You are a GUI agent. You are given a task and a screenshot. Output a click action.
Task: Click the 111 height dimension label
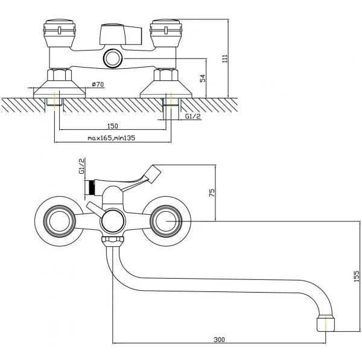pyautogui.click(x=224, y=58)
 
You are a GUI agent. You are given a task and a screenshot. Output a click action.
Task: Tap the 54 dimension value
pyautogui.click(x=203, y=78)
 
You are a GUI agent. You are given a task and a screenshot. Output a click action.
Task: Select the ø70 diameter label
pyautogui.click(x=98, y=84)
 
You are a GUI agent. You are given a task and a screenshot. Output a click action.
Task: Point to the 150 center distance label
pyautogui.click(x=113, y=126)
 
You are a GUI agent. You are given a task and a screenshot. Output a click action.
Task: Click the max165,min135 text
pyautogui.click(x=111, y=138)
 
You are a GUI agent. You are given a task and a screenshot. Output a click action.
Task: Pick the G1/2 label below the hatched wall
pyautogui.click(x=193, y=116)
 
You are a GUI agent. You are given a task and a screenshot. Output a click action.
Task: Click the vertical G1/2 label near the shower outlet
pyautogui.click(x=81, y=167)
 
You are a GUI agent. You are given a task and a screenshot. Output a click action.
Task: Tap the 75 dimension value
pyautogui.click(x=212, y=192)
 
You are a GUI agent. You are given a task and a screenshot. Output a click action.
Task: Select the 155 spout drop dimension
pyautogui.click(x=357, y=276)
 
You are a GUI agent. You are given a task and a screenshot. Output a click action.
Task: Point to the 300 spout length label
pyautogui.click(x=219, y=340)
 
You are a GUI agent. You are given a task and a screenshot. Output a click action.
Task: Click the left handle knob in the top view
pyautogui.click(x=59, y=33)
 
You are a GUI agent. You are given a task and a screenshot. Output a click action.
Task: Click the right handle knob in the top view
pyautogui.click(x=166, y=33)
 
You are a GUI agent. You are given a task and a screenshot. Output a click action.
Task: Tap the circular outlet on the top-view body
pyautogui.click(x=112, y=59)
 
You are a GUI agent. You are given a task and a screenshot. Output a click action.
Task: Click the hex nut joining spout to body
pyautogui.click(x=112, y=241)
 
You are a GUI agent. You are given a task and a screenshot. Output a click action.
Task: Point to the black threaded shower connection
pyautogui.click(x=92, y=187)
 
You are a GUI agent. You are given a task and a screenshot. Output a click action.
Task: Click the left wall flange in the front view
pyautogui.click(x=59, y=221)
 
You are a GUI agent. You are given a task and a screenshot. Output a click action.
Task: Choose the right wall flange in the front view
pyautogui.click(x=167, y=221)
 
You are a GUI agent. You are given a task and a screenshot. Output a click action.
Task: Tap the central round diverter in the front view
pyautogui.click(x=112, y=221)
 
